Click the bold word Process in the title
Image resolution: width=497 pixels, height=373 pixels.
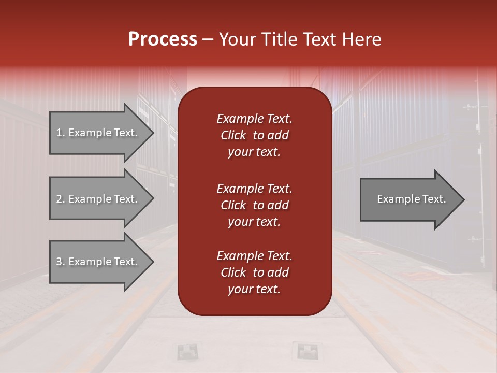163,39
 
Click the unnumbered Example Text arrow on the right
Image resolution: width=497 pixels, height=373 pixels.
411,199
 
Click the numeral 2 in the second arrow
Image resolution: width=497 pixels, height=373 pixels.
59,199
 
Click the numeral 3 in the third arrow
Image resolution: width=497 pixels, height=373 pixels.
59,262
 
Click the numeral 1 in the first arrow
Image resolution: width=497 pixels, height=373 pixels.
59,133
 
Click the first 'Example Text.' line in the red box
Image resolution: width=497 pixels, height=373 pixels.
254,119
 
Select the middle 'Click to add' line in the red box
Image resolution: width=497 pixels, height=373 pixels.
254,205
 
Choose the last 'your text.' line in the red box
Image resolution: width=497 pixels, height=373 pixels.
254,290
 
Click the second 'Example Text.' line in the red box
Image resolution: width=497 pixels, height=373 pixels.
254,189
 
